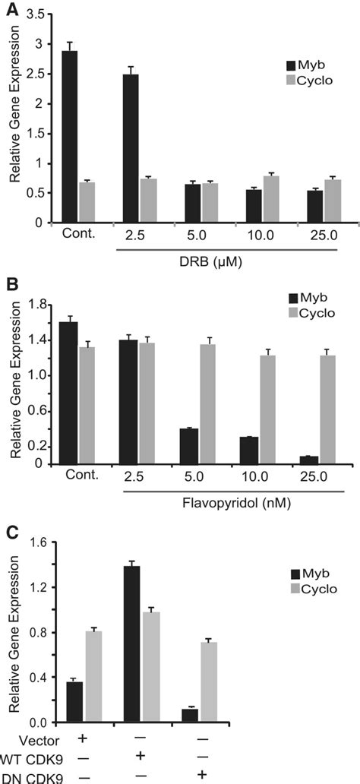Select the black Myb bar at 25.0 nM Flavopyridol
[x=308, y=460]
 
